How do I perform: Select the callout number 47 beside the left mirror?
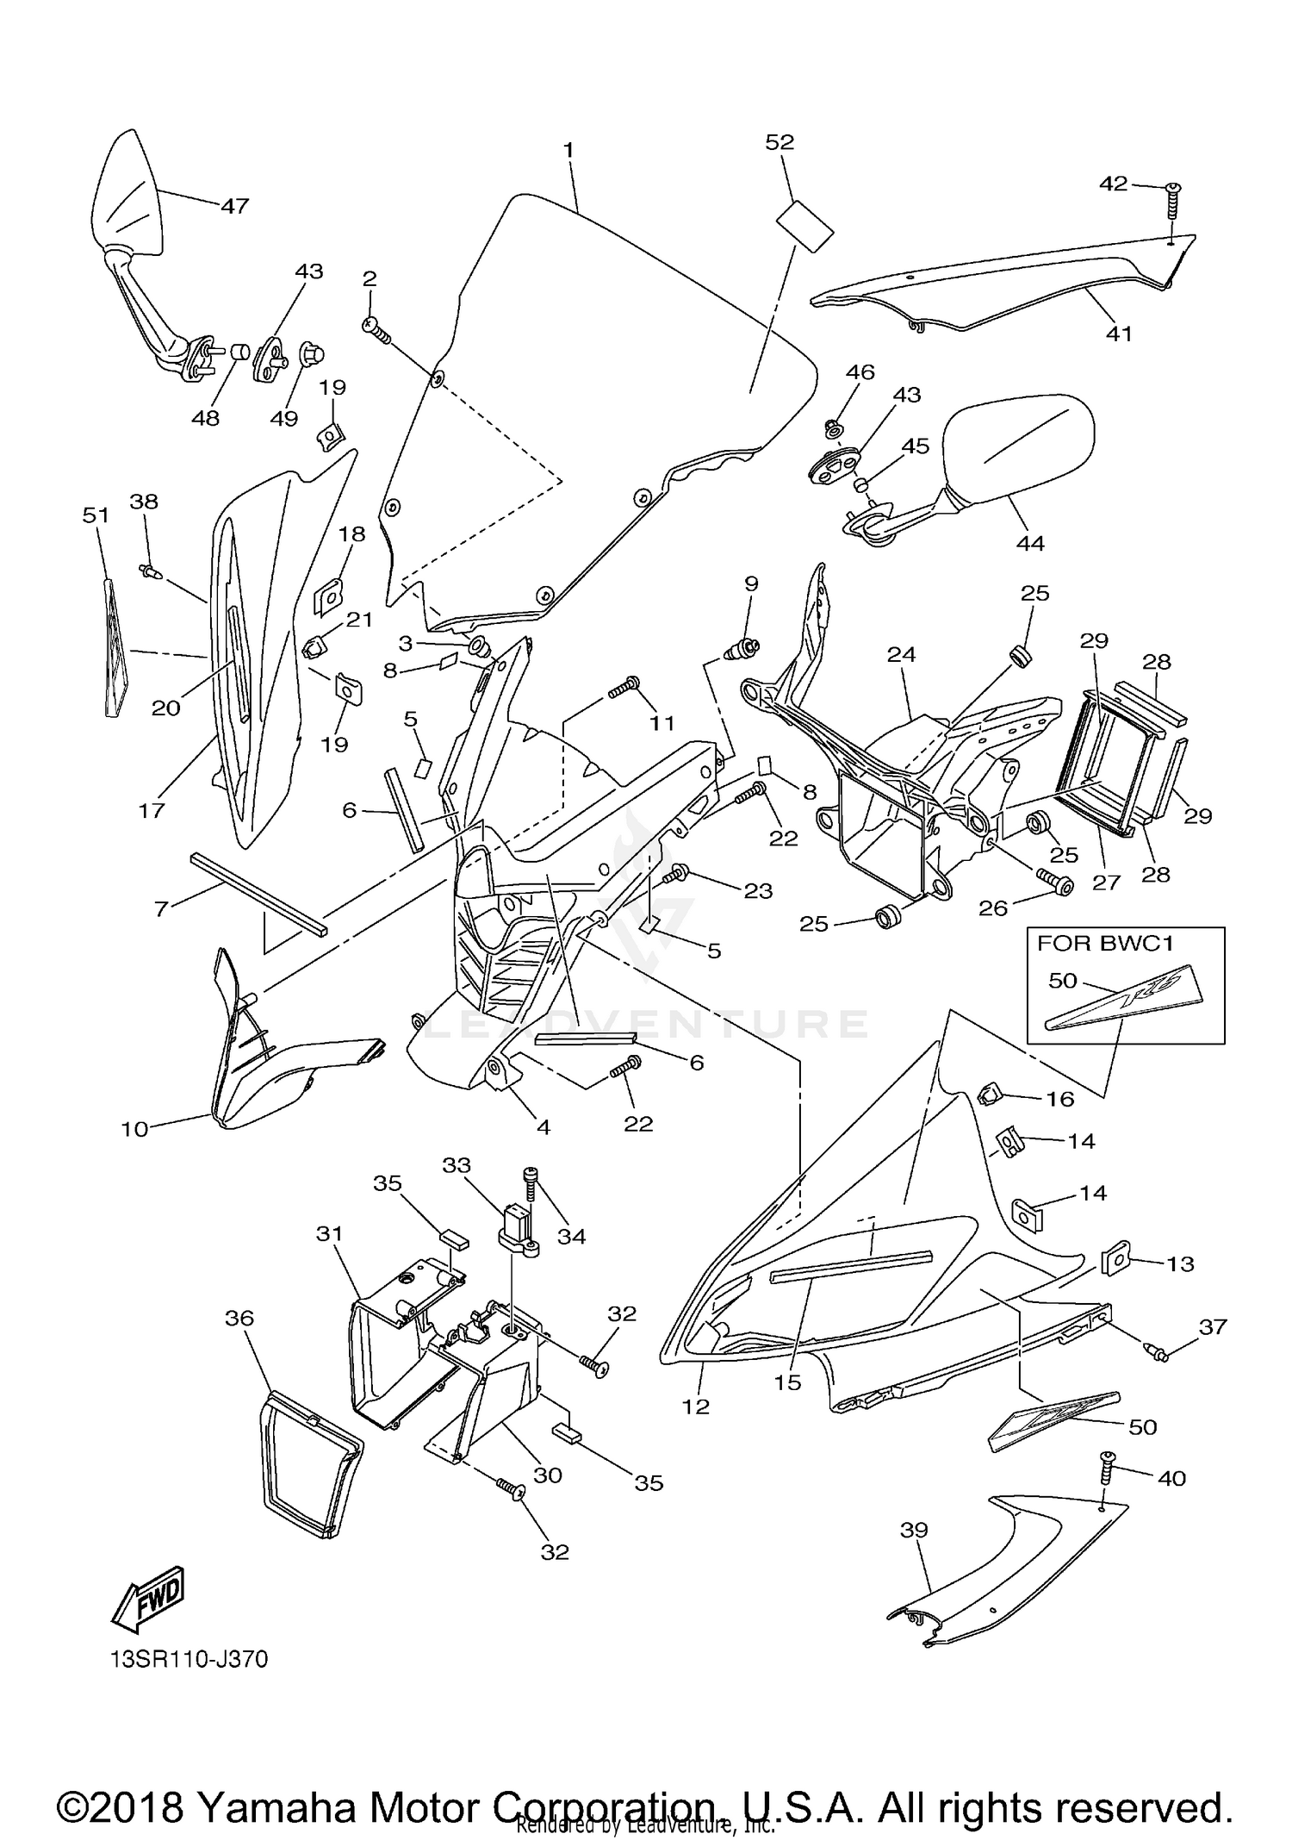tap(234, 206)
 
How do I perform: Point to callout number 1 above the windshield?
tap(568, 150)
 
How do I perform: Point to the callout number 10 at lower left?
tap(135, 1128)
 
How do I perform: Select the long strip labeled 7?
tap(258, 893)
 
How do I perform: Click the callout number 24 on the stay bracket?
tap(901, 655)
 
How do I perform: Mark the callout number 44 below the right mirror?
tap(1030, 543)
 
